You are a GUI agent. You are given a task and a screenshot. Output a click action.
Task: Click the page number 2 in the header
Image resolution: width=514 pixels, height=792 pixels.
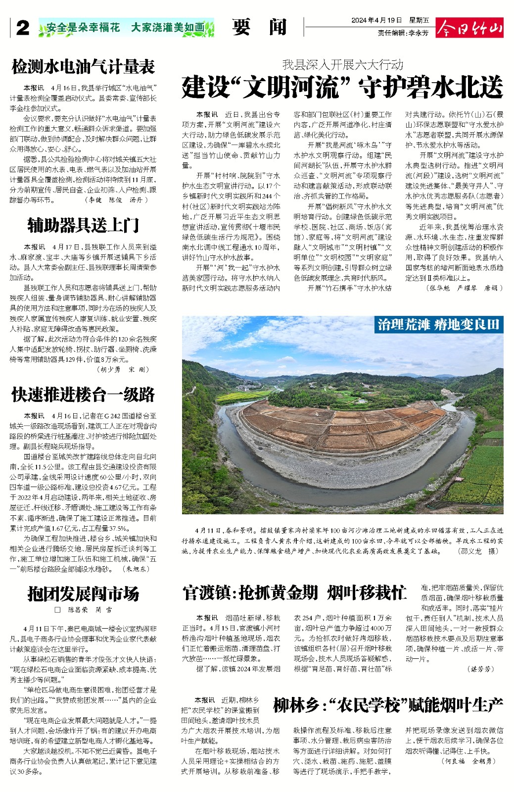(x=22, y=28)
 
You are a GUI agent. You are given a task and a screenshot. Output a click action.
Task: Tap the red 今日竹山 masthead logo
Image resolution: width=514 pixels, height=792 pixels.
(x=469, y=28)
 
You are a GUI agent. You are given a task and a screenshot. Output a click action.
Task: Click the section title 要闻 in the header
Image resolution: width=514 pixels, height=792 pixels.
(x=259, y=27)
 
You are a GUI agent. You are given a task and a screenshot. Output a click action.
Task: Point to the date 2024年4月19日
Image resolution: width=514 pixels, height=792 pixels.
(x=376, y=20)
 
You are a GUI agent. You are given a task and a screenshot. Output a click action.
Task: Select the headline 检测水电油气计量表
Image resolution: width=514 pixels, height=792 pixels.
(x=83, y=67)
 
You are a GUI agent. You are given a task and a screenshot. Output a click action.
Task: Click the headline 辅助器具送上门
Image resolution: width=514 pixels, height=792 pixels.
(x=83, y=226)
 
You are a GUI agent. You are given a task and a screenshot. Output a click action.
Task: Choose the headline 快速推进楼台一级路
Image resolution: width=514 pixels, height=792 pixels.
(x=83, y=395)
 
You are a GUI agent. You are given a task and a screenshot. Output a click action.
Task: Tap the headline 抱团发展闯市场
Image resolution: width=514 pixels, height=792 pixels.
(x=83, y=594)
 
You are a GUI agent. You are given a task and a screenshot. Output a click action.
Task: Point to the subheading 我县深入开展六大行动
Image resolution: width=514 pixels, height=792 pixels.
(x=342, y=64)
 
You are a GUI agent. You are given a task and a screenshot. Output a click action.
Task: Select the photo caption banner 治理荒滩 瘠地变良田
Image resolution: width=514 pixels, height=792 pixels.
(x=438, y=325)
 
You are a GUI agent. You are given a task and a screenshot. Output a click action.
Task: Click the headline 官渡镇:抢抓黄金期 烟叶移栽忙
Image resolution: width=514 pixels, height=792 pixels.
(x=295, y=593)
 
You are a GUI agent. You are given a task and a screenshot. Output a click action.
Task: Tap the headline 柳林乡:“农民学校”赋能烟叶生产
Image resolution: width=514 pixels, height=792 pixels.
(x=388, y=705)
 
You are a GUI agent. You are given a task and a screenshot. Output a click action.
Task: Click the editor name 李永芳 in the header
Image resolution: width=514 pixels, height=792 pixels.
(x=419, y=33)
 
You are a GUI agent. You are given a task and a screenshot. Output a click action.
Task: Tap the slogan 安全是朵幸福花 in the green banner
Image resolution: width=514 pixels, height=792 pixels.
(x=84, y=28)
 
